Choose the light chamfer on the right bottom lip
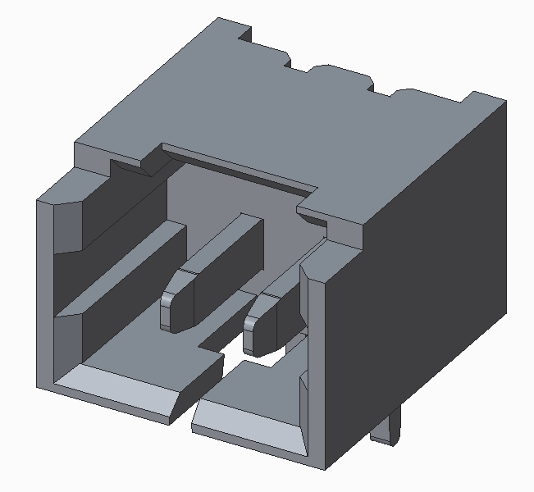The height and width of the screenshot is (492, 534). tap(246, 426)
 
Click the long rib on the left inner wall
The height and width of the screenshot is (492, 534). tap(123, 271)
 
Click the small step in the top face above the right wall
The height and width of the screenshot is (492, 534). tap(312, 215)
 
